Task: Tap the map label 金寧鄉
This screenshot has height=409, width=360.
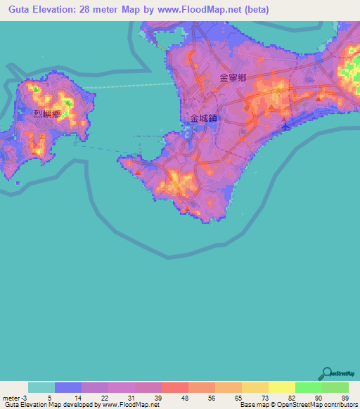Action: (x=233, y=79)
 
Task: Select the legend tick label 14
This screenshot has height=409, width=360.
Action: (x=68, y=398)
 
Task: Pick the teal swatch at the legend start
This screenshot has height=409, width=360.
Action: (x=41, y=388)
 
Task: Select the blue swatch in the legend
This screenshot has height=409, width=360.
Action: (x=68, y=388)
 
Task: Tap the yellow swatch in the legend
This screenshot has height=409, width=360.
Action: (x=282, y=388)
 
